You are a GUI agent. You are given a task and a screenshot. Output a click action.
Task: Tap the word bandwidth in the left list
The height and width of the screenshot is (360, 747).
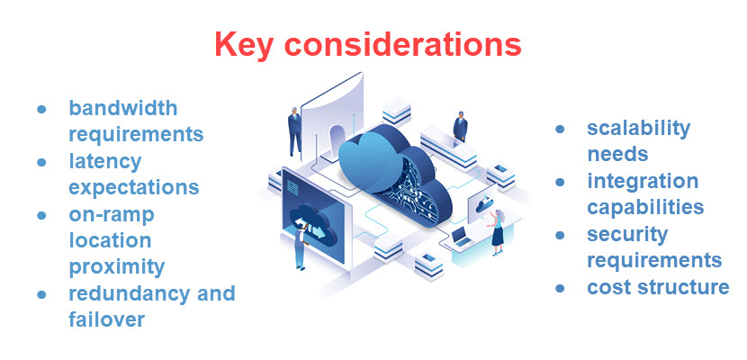(x=123, y=109)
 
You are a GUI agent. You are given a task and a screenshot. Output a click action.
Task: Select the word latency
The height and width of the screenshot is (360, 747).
(x=105, y=162)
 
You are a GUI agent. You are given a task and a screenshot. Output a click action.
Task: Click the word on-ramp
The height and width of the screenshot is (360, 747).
(x=112, y=215)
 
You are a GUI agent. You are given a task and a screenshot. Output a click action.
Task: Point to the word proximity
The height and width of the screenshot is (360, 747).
(x=117, y=266)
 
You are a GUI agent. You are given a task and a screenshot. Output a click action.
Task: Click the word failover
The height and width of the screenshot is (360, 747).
(x=106, y=319)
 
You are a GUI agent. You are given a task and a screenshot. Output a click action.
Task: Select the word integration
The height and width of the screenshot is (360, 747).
(x=643, y=181)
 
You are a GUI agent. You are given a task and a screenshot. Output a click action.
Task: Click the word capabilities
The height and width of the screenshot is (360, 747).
(x=645, y=207)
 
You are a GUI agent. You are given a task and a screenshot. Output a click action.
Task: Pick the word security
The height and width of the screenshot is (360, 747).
(x=627, y=234)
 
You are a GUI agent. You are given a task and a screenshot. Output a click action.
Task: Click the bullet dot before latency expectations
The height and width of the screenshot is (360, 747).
(x=41, y=163)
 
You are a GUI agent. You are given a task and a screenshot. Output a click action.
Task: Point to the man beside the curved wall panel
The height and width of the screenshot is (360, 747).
(x=294, y=131)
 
